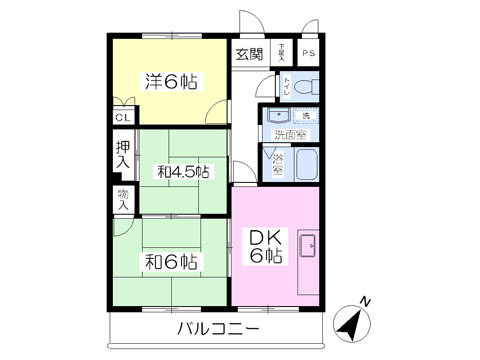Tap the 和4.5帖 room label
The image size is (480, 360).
coord(183,172)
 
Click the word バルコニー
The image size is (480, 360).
coord(219,330)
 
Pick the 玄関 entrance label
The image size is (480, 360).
coord(249,54)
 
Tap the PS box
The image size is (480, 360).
coord(307,53)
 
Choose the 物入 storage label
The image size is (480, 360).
coord(123,199)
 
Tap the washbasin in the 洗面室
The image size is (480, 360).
coord(276,117)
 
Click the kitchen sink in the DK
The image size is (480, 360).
coord(307,244)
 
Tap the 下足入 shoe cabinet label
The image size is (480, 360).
coord(282,51)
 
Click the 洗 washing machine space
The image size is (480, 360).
coord(305,117)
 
